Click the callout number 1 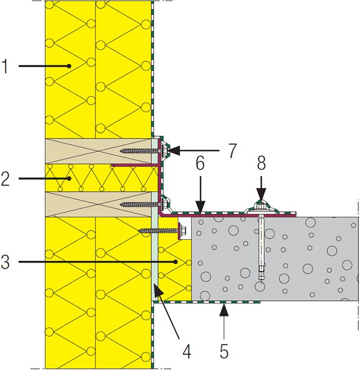pos(4,66)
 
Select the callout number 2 pos(5,179)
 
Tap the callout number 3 pos(5,262)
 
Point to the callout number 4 pos(187,351)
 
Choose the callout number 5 pos(224,351)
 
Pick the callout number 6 pos(200,163)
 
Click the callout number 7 pos(232,150)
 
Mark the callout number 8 pos(261,163)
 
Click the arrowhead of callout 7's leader pos(173,150)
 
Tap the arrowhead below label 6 pos(200,207)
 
